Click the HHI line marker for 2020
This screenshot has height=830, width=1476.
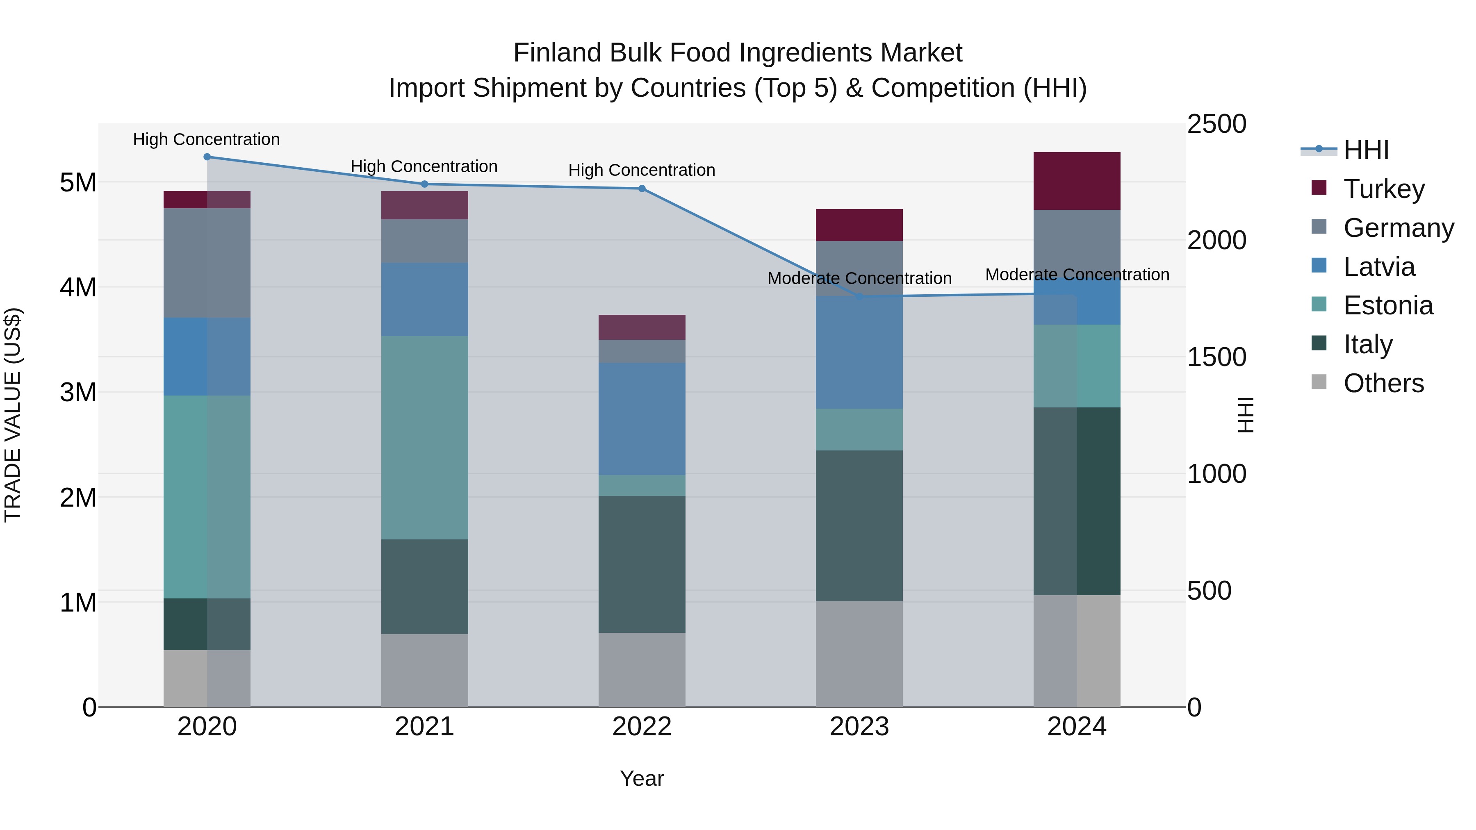[207, 157]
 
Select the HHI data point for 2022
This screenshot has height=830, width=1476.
[642, 189]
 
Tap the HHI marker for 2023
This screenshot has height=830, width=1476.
[859, 297]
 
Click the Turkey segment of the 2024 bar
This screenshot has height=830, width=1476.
[1077, 181]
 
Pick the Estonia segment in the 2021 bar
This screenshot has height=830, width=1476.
[425, 438]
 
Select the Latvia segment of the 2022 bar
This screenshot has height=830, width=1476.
[642, 419]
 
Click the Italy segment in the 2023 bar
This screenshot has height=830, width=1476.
[859, 525]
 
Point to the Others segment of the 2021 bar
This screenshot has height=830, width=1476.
[425, 670]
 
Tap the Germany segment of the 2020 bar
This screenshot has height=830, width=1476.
[207, 263]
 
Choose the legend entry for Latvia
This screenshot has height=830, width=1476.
[1378, 267]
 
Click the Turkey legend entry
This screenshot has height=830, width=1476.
[1383, 189]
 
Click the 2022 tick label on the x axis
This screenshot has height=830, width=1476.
[642, 727]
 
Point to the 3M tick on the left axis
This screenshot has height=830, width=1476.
[78, 392]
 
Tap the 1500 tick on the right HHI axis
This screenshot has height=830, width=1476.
[1216, 357]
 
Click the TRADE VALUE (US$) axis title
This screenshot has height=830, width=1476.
[13, 415]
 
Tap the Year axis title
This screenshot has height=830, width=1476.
[642, 778]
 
